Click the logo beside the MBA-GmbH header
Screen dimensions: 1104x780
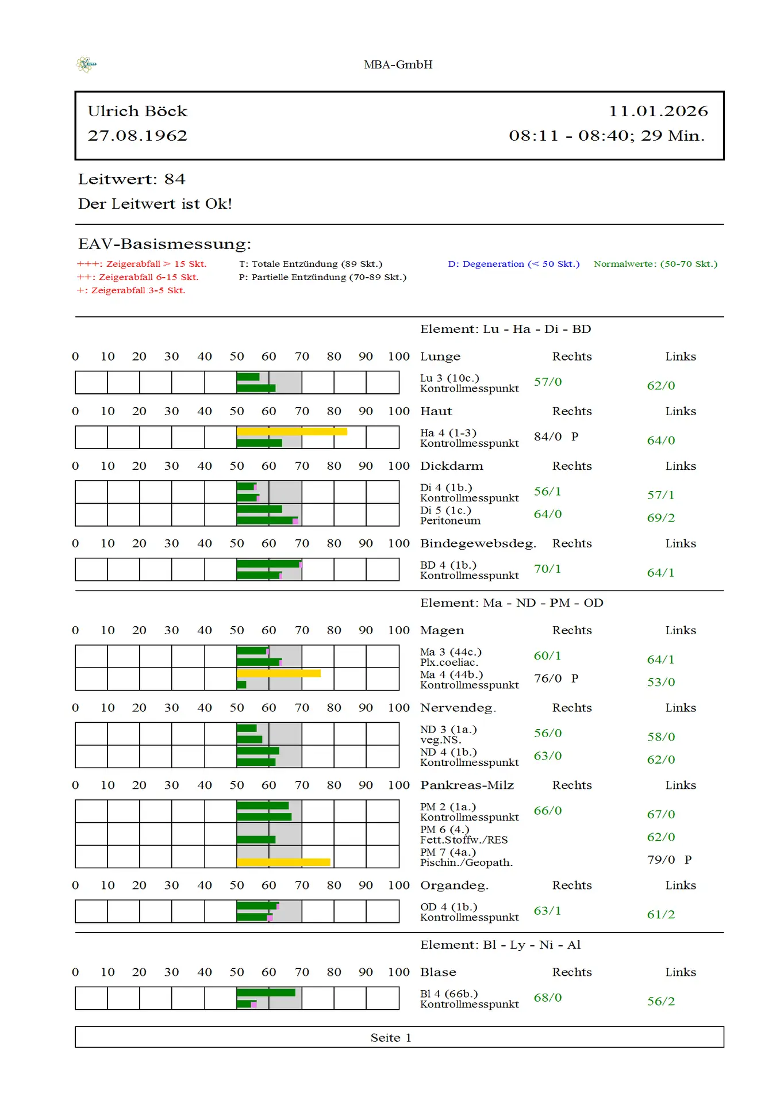[86, 64]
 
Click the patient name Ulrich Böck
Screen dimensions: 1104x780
[137, 111]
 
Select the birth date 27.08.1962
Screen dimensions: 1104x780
[137, 136]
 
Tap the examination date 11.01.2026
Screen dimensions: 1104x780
[658, 111]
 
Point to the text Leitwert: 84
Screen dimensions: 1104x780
[132, 179]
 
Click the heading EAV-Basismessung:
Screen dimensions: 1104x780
[164, 244]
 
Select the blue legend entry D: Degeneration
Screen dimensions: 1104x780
[513, 264]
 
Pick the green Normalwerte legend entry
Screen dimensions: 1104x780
[655, 264]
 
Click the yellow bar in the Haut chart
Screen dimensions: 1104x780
[291, 431]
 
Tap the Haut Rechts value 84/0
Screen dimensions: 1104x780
[548, 437]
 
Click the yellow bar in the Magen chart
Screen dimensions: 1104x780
[278, 673]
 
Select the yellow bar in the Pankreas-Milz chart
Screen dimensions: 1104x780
[283, 862]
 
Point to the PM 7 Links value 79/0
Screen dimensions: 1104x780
[661, 860]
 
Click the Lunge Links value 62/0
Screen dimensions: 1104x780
[661, 386]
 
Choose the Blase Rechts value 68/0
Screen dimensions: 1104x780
[548, 998]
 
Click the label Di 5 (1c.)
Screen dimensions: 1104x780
[445, 511]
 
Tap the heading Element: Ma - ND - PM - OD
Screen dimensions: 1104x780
[512, 603]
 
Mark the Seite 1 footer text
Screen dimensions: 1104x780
[391, 1037]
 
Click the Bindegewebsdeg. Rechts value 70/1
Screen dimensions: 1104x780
[547, 569]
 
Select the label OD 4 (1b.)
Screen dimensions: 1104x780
[449, 907]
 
